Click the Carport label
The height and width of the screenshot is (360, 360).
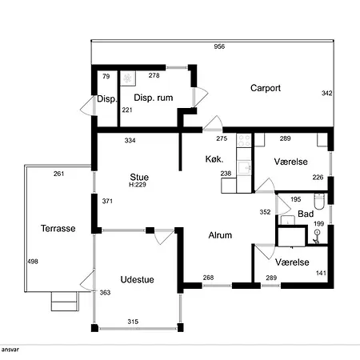pos(266,88)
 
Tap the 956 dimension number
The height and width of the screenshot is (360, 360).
pos(219,46)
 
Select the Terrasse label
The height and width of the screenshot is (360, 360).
pos(58,228)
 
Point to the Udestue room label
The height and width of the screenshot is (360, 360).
pos(137,279)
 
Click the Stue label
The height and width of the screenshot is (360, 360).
pos(139,177)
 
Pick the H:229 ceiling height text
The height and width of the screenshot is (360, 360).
pos(138,185)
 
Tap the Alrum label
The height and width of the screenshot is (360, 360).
pos(220,235)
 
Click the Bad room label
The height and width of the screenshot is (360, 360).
pos(306,214)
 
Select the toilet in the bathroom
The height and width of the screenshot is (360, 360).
pos(319,202)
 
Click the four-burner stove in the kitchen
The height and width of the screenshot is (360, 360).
pos(244,141)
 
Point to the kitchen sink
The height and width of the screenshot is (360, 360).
pos(244,168)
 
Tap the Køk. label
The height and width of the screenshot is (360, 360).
pos(214,159)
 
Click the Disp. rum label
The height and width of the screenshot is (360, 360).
pos(154,98)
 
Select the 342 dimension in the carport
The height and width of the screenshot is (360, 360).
pos(326,93)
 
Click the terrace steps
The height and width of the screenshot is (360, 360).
pos(65,302)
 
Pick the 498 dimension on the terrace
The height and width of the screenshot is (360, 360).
pos(33,262)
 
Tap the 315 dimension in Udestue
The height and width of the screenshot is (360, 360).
pos(133,322)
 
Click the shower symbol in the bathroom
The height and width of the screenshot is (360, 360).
pos(317,237)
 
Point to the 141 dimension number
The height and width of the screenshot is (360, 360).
pos(321,273)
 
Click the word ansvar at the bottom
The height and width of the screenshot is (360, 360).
pos(10,350)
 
